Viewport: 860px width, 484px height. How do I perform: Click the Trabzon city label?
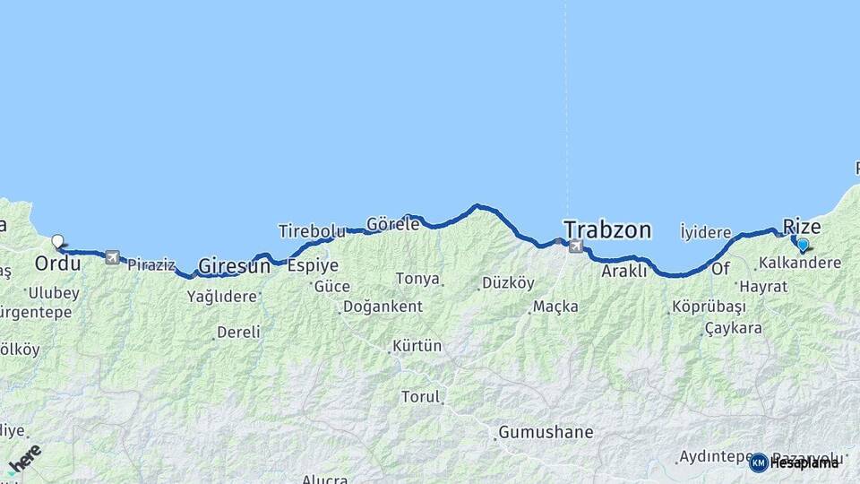point(607,229)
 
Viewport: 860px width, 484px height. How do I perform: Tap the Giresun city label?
point(234,266)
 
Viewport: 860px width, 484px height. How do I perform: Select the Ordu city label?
point(57,264)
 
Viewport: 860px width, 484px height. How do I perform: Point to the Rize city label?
point(802,227)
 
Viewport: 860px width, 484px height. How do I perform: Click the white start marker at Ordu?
point(58,241)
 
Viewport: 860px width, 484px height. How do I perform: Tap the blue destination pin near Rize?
point(803,245)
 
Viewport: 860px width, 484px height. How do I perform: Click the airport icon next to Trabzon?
point(575,246)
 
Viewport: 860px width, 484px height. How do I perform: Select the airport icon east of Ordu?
point(112,258)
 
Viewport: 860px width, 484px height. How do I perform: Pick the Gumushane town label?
point(546,432)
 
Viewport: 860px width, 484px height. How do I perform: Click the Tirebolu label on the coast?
point(312,231)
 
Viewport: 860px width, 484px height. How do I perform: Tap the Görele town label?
point(392,225)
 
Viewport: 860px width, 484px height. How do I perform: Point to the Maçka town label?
point(555,307)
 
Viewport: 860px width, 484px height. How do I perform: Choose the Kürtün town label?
point(417,346)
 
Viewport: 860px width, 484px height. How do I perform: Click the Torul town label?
point(420,396)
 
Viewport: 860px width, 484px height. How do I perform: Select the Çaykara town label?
point(733,328)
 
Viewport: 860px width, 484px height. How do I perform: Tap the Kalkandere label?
point(799,264)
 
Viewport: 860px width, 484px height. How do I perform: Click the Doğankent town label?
point(383,307)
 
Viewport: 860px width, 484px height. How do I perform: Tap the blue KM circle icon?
point(759,462)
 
